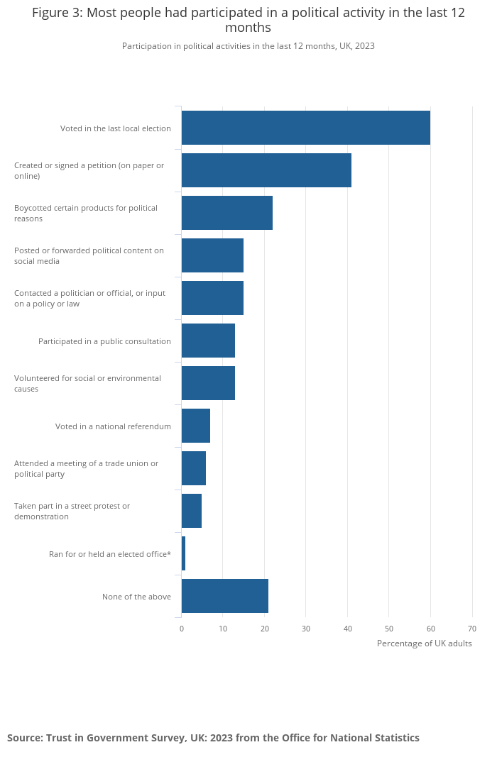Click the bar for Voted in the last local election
point(305,128)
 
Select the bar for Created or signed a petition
point(266,170)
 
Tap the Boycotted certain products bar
point(227,213)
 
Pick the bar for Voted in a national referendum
point(196,426)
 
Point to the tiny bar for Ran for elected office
point(183,553)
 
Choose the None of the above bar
point(225,596)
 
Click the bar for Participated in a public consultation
point(208,341)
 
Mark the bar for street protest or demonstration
point(192,511)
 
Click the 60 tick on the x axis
point(430,629)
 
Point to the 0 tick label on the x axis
point(182,629)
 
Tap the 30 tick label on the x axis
point(306,629)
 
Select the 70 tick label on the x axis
point(472,629)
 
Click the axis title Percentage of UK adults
point(424,643)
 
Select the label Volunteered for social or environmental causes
point(87,383)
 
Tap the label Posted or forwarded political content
point(89,255)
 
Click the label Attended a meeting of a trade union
point(86,468)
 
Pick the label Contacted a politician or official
point(89,298)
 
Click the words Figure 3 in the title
point(57,13)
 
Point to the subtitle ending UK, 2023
point(248,46)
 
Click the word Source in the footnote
point(24,738)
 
